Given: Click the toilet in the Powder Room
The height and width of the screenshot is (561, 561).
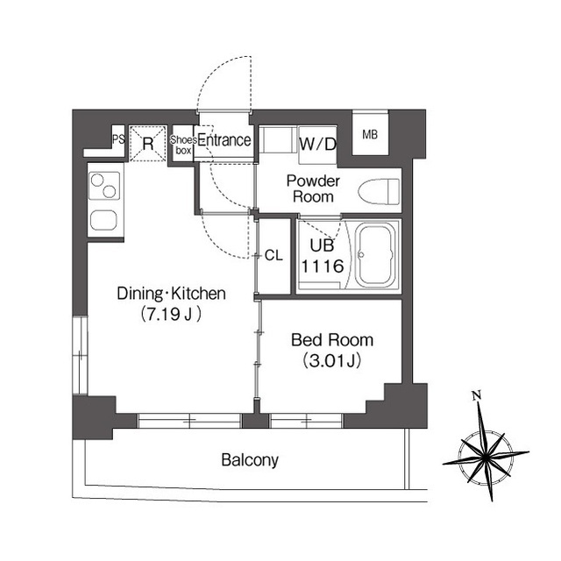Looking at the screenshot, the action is (x=379, y=191).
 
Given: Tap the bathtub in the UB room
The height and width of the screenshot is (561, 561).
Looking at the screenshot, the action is (x=376, y=255).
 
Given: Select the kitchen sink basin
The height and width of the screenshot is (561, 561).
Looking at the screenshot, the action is (x=103, y=220).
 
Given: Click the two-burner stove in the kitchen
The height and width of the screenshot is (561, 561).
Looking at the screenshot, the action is (x=104, y=186).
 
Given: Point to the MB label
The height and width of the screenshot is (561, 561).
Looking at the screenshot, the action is (x=370, y=135).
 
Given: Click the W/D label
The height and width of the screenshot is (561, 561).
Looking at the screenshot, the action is (x=317, y=144).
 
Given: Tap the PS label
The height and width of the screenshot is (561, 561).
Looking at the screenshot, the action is (x=119, y=139).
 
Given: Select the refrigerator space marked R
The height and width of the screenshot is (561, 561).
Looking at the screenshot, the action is (x=148, y=144).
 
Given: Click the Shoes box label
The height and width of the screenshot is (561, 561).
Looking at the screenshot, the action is (x=183, y=145).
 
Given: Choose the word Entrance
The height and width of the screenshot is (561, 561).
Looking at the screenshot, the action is (x=224, y=140).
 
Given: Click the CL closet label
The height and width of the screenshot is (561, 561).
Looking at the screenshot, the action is (x=273, y=255).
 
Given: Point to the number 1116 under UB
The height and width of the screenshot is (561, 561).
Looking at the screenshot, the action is (x=323, y=266).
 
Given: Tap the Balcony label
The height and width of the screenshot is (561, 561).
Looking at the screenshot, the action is (x=250, y=460).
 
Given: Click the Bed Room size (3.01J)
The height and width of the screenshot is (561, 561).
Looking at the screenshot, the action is (x=331, y=360).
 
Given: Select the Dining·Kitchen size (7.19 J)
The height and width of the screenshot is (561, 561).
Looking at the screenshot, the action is (x=171, y=315).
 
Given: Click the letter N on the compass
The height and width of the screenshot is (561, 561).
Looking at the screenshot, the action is (x=476, y=395).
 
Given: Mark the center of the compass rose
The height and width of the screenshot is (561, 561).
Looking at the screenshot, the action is (x=485, y=457).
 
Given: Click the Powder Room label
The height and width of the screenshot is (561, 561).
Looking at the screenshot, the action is (x=313, y=189).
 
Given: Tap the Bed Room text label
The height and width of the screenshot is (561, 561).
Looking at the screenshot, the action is (x=332, y=340).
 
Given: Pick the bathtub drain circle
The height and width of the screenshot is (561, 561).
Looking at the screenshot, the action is (x=361, y=255).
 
